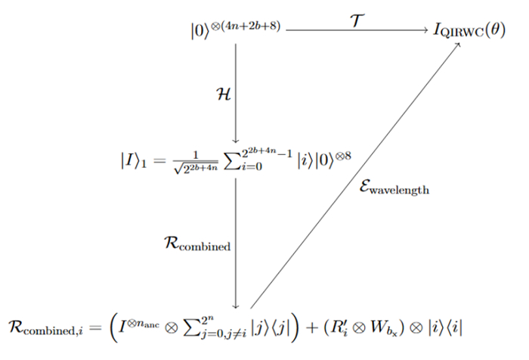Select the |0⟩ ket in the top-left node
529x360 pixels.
pos(200,33)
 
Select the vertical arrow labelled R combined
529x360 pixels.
pos(237,242)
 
